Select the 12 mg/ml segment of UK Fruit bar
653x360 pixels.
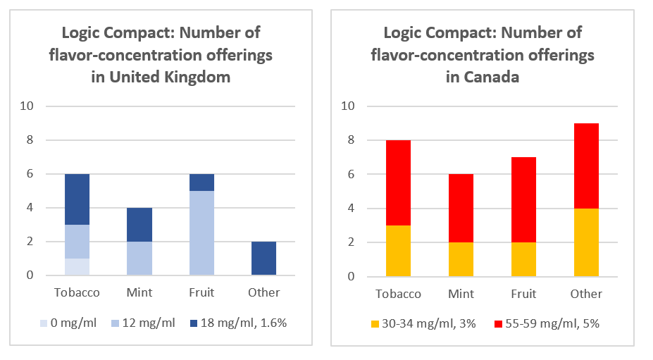point(201,232)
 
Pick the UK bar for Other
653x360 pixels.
point(264,258)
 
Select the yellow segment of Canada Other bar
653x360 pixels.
point(586,242)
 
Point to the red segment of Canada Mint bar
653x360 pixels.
point(461,208)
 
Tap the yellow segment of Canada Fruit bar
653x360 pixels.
point(523,259)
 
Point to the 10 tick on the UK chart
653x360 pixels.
point(29,106)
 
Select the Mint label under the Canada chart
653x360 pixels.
point(461,293)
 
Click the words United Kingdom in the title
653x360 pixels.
point(170,77)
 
